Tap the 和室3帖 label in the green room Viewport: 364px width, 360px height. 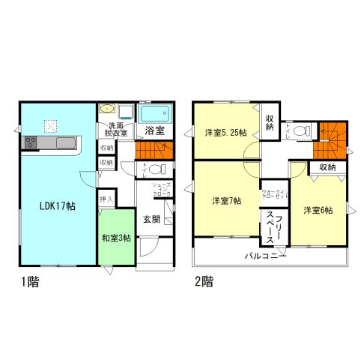tap(116, 238)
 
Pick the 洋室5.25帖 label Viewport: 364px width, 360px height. tap(226, 133)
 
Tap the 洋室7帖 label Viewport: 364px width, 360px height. tap(225, 201)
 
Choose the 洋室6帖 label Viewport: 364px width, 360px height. tap(318, 210)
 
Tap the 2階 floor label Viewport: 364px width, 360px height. tap(204, 284)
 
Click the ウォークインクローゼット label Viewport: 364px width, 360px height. tap(271, 196)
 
